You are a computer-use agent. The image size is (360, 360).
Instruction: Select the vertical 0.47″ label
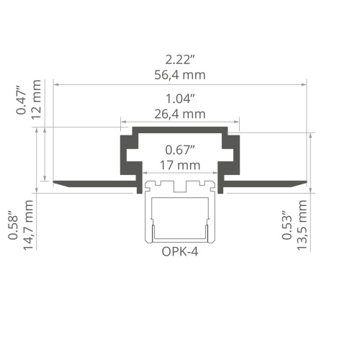(x=22, y=100)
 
